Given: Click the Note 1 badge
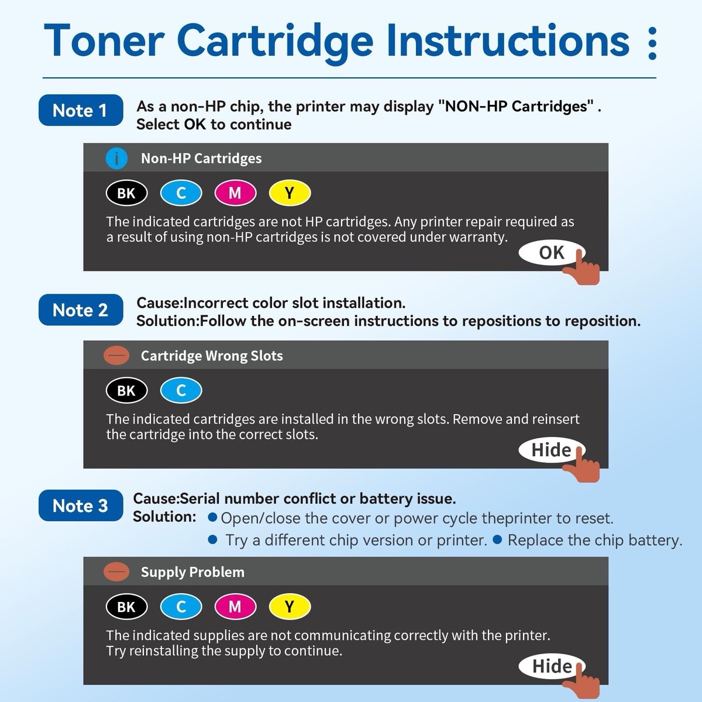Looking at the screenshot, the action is tap(81, 110).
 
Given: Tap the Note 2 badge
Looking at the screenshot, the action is tap(81, 309).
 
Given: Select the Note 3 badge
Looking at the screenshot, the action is tap(81, 505).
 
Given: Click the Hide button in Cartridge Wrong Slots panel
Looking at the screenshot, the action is tap(551, 450).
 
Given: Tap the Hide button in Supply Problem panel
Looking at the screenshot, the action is tap(551, 666).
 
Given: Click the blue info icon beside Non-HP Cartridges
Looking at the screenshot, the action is tap(116, 159).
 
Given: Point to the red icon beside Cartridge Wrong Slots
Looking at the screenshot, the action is tap(116, 356).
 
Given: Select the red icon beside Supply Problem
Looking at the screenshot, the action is tap(116, 572).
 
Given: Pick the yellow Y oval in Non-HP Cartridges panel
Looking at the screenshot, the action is tap(290, 192).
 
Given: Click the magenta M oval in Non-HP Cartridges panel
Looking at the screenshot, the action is tap(235, 192).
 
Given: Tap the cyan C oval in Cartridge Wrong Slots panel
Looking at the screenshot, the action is tap(181, 391).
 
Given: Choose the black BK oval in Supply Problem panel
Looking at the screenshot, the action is tap(127, 607).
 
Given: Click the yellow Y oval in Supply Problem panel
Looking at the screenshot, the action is tap(290, 607).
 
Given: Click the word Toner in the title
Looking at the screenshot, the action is tap(104, 40).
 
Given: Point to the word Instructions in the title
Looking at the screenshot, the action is tap(508, 40).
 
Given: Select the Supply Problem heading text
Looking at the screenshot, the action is tap(192, 572).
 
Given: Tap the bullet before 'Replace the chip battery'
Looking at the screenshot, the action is tap(497, 539).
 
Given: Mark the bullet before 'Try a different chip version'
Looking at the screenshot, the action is tap(212, 539).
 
